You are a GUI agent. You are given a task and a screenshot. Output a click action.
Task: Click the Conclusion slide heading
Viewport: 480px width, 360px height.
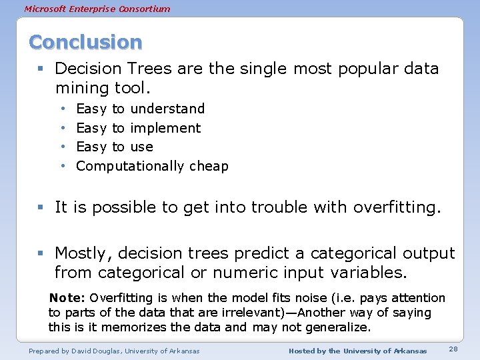(85, 42)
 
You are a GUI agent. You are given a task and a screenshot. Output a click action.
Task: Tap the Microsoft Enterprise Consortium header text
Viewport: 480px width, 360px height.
(97, 9)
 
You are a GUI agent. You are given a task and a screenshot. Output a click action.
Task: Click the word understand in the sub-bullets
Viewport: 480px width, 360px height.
(167, 109)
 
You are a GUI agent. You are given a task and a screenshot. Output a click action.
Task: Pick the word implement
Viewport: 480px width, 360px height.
(165, 128)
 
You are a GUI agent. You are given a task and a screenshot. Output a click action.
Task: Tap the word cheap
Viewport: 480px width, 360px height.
(209, 167)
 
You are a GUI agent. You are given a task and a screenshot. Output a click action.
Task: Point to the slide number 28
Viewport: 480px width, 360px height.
(453, 350)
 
